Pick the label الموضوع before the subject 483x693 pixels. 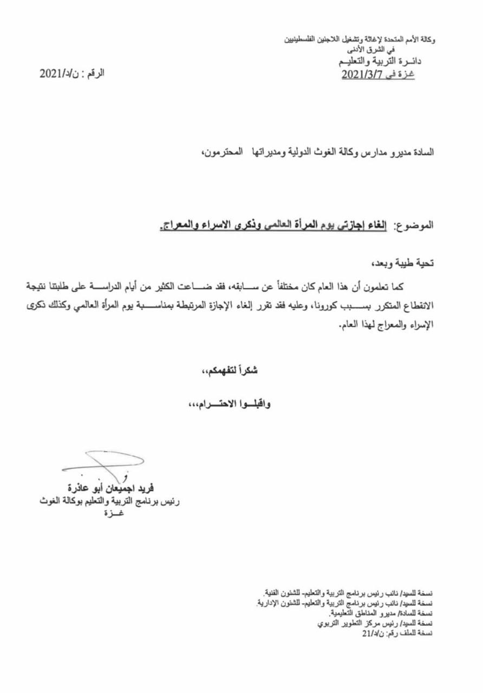coord(415,224)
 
